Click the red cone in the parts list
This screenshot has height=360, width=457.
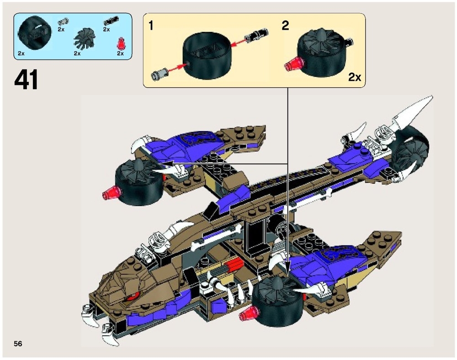[121, 44]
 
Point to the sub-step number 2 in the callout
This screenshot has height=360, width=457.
[285, 26]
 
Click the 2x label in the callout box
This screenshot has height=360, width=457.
[354, 77]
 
